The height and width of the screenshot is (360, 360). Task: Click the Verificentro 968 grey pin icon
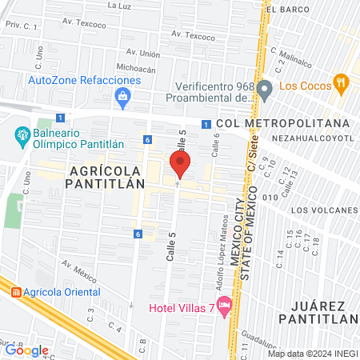[x=266, y=86]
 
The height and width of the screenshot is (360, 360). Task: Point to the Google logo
[x=26, y=350]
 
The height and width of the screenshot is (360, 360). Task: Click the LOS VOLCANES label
[x=322, y=210]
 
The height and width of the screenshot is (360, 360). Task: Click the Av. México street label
[x=77, y=265]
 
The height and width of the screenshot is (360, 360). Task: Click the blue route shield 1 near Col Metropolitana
[x=206, y=124]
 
